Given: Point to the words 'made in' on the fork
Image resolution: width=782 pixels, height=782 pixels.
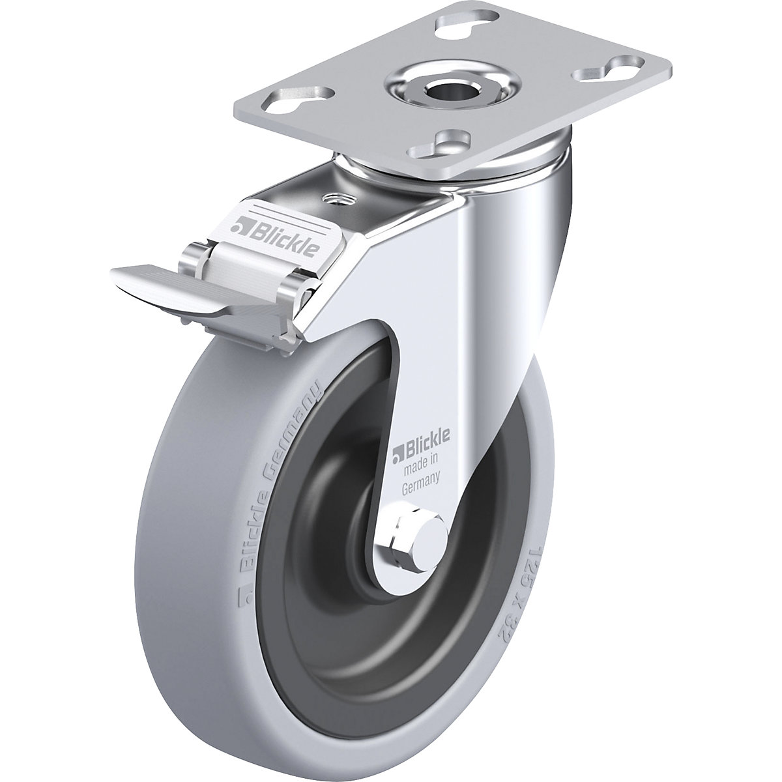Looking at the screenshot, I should point(422,464).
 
